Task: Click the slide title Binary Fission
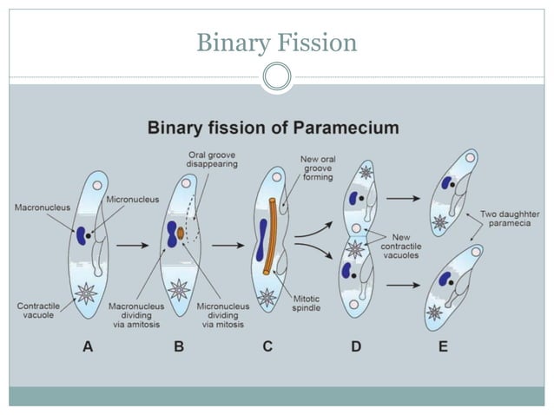[276, 41]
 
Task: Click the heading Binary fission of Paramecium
[274, 128]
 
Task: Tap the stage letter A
[88, 346]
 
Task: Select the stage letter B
[179, 346]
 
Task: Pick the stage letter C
[267, 346]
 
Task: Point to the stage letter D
[356, 346]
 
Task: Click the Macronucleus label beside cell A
[42, 207]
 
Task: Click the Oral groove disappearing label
[212, 160]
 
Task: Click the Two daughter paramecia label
[511, 219]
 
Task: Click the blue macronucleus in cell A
[80, 235]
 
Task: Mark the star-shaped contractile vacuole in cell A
[86, 293]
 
